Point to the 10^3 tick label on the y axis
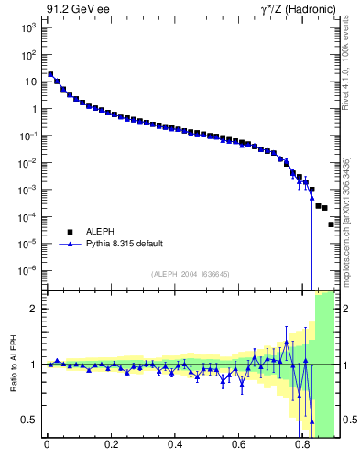click(27, 28)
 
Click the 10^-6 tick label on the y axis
click(27, 270)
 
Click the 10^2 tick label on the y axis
click(27, 55)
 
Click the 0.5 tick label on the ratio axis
click(29, 420)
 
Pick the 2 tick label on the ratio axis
click(34, 309)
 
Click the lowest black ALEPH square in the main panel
click(332, 224)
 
